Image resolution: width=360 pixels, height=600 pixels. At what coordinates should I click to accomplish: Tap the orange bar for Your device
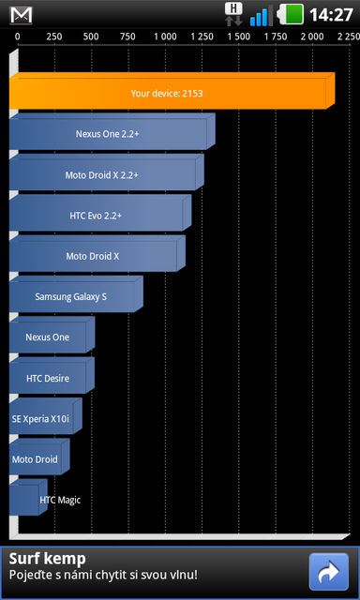click(169, 94)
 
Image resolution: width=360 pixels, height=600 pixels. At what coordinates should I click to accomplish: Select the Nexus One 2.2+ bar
click(108, 134)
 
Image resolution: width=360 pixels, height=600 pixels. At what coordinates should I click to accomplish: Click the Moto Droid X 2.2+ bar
click(102, 174)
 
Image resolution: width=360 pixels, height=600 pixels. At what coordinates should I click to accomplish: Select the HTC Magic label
click(60, 500)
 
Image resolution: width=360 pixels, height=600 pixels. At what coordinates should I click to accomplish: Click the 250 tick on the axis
click(54, 36)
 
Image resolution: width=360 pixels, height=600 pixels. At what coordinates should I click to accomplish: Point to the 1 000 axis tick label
click(165, 36)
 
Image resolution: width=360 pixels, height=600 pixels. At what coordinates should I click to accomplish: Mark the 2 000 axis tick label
click(312, 36)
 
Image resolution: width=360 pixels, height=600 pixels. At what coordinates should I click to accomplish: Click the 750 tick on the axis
click(127, 36)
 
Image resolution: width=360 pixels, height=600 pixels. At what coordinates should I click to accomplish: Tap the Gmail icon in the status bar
click(21, 15)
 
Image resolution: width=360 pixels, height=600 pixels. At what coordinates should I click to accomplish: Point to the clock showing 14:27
click(331, 15)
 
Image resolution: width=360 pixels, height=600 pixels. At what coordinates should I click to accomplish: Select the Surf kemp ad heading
click(48, 559)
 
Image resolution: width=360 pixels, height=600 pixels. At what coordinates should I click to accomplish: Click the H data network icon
click(234, 13)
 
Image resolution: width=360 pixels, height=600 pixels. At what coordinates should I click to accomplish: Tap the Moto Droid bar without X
click(36, 459)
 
